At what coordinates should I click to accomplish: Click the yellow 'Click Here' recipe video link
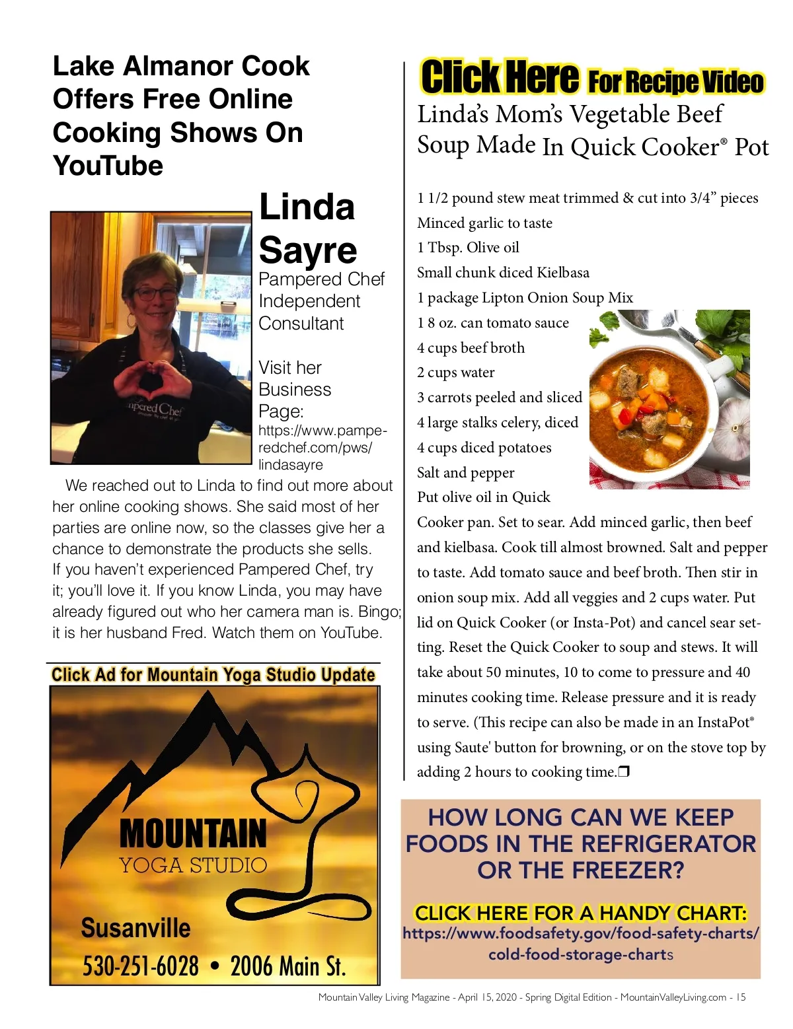[500, 77]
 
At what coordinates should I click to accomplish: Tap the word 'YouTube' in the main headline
[108, 166]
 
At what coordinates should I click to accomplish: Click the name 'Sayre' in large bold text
[308, 250]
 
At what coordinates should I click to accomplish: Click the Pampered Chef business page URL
[322, 448]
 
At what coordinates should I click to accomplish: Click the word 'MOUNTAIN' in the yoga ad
[193, 834]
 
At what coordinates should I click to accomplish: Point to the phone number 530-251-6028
[140, 966]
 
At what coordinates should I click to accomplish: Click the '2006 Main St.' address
[288, 966]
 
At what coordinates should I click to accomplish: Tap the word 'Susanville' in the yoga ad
[135, 928]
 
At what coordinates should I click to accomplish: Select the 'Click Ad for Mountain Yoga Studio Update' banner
[213, 674]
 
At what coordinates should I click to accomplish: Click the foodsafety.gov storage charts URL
[581, 944]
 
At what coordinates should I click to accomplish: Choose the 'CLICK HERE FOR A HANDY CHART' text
[581, 913]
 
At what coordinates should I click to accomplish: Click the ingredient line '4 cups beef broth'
[471, 347]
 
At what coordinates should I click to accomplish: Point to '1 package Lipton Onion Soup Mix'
[525, 298]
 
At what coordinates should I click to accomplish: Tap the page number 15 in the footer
[741, 997]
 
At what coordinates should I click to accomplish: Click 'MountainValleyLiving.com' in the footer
[673, 997]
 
